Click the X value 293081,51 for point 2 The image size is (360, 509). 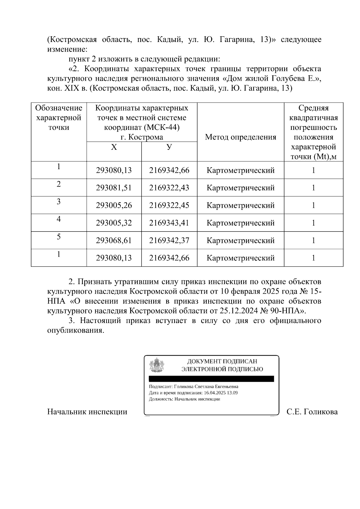114,188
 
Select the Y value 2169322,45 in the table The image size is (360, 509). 169,205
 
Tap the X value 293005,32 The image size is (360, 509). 114,223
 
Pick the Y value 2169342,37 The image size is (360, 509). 169,241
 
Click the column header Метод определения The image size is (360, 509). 240,137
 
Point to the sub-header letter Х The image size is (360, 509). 114,147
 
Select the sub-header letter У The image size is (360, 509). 169,147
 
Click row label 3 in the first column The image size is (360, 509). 59,202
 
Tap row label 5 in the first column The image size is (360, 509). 59,237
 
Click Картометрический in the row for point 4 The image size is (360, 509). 240,223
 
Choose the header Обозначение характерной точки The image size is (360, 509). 59,118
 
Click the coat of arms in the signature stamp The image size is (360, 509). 157,365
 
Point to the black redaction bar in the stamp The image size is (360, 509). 211,379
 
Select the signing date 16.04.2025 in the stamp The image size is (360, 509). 214,393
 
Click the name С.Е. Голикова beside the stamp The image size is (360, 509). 312,412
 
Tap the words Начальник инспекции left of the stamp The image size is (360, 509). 87,412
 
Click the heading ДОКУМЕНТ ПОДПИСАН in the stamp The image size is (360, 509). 222,362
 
